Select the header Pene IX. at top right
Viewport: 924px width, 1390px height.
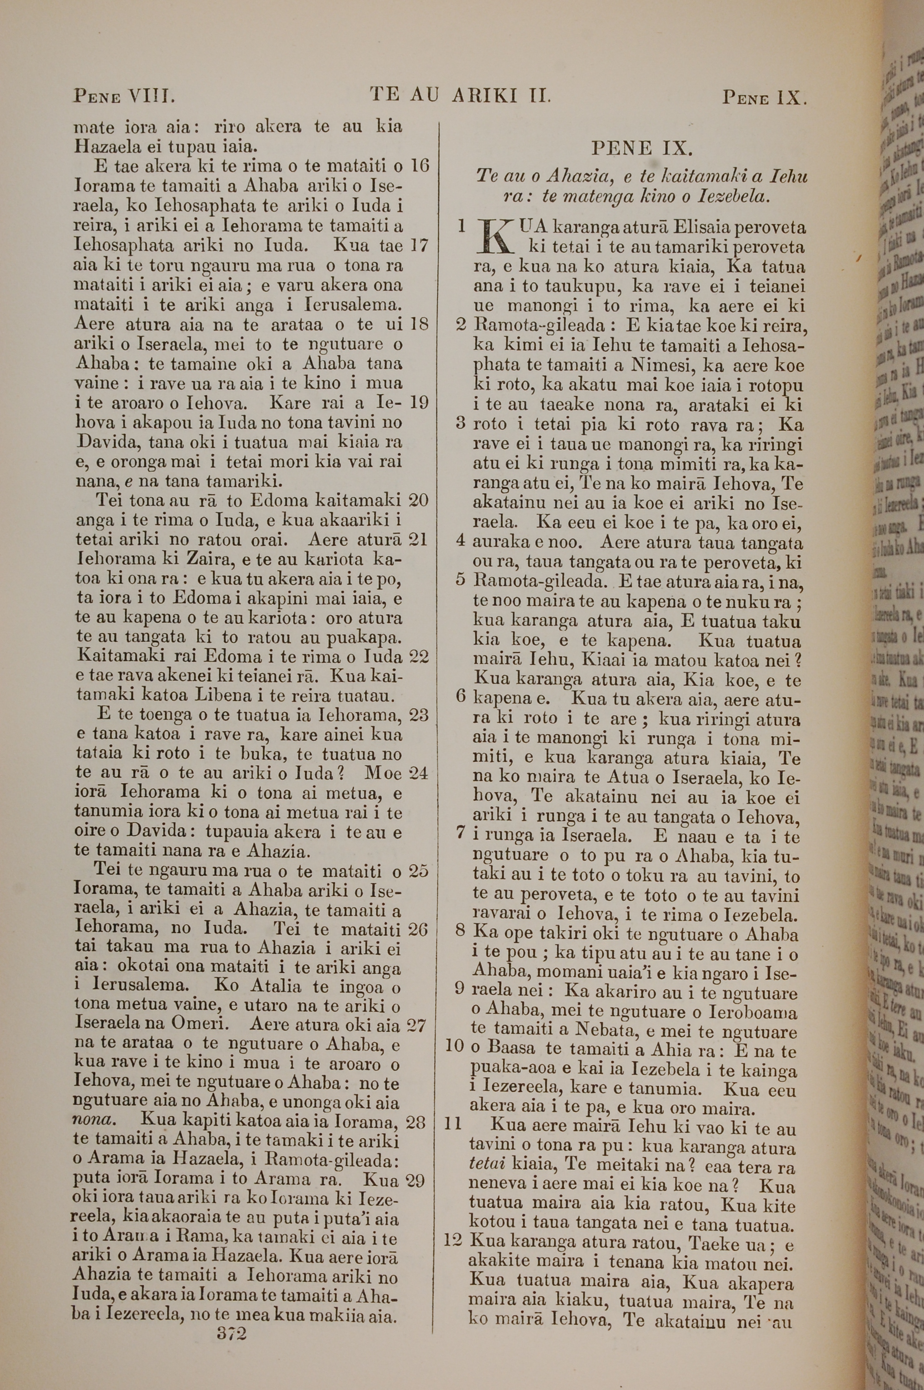click(764, 97)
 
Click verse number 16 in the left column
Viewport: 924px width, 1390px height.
click(419, 165)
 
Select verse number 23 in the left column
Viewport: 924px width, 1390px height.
click(419, 715)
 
